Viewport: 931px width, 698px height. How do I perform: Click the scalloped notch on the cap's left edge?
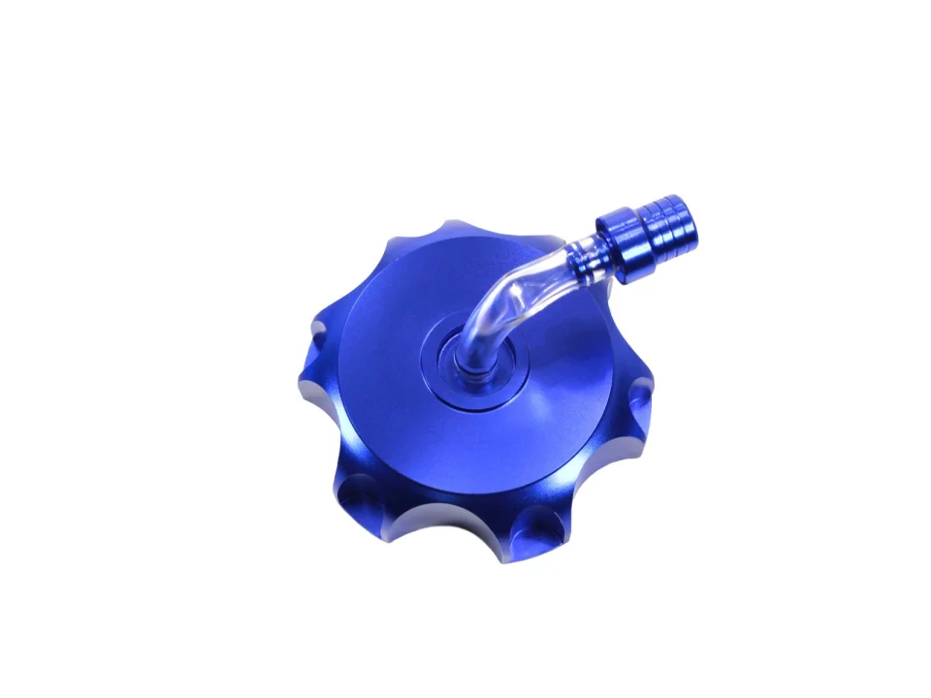coord(320,345)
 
